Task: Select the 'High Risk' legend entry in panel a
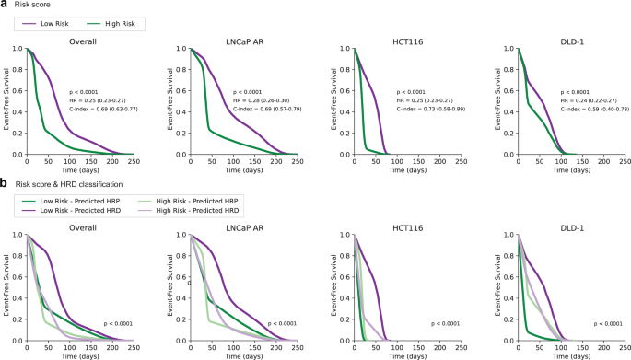tap(121, 22)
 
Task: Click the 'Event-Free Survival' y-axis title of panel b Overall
tap(6, 288)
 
